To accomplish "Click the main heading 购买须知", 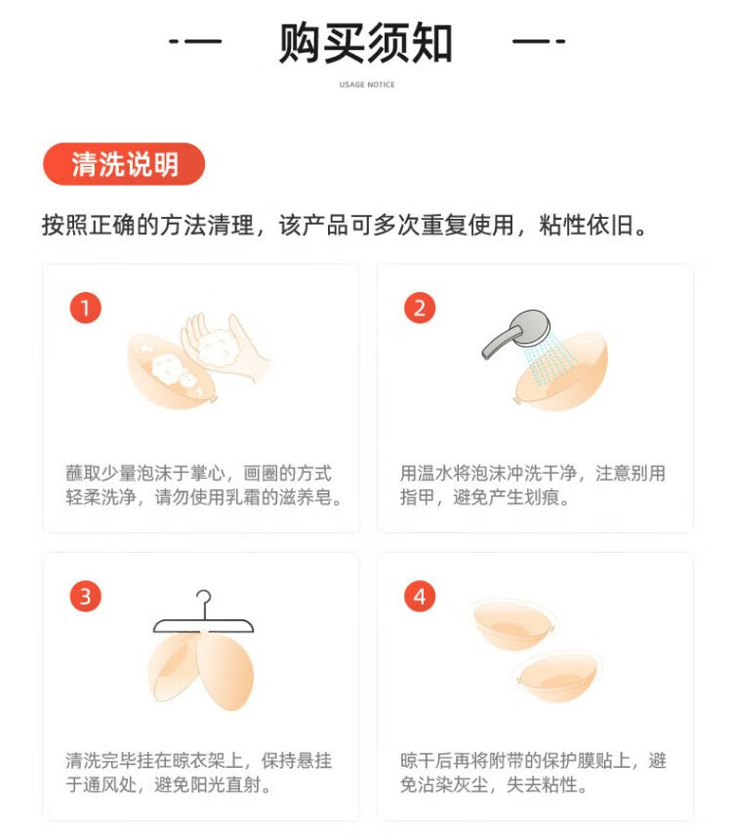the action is pos(366,43).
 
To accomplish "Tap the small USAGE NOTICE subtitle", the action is pos(367,85).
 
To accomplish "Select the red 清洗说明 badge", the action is pos(124,164).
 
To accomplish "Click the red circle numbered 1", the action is pos(85,308).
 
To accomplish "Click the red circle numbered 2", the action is pos(420,308).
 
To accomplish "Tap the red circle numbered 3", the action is pos(85,596).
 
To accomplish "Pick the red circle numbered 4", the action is pos(420,596).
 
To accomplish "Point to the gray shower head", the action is pos(516,334).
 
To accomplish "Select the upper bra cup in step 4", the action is pos(514,625).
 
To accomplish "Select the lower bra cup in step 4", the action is pos(557,676).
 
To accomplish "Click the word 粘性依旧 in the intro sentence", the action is pos(588,225).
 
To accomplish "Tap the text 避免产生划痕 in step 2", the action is pos(506,498).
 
